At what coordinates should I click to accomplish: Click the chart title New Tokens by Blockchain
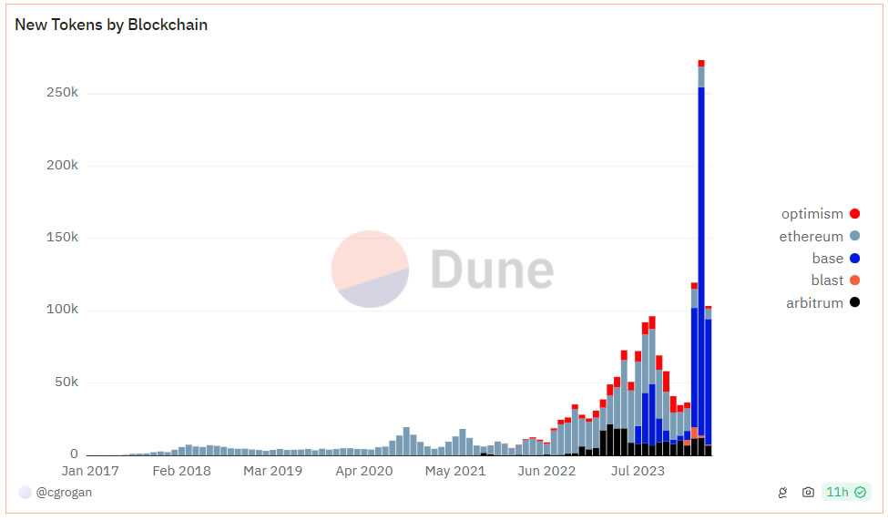[x=111, y=25]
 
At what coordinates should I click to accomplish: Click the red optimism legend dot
[x=854, y=214]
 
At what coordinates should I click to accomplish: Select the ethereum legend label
[x=811, y=237]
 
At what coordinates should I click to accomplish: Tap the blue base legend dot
[x=854, y=259]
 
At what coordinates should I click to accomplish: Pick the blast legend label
[x=827, y=280]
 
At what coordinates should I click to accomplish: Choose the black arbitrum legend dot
[x=854, y=303]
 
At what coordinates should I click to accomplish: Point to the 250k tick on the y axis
[x=62, y=93]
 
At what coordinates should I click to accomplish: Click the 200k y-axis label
[x=62, y=166]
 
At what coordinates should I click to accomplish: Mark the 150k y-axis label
[x=62, y=238]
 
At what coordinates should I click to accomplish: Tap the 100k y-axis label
[x=62, y=310]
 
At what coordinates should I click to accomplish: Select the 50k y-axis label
[x=66, y=382]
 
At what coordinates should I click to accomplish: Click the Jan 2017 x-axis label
[x=90, y=471]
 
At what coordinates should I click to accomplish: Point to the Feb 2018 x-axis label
[x=181, y=471]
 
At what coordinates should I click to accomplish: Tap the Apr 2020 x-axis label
[x=364, y=471]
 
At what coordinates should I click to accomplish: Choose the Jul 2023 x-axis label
[x=638, y=471]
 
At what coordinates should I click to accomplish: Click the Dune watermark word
[x=491, y=270]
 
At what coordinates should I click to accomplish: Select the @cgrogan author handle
[x=64, y=493]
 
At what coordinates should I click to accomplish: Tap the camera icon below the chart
[x=808, y=493]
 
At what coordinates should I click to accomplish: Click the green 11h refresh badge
[x=845, y=493]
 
